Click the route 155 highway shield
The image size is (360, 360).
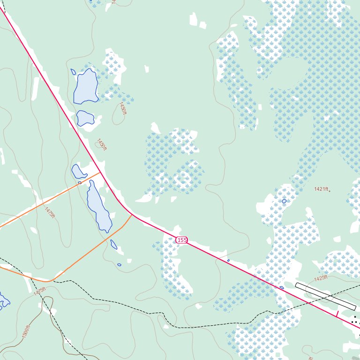(x=182, y=240)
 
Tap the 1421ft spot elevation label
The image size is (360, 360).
(x=321, y=189)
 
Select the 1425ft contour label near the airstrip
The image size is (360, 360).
(x=321, y=278)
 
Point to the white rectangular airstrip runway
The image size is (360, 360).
(x=325, y=296)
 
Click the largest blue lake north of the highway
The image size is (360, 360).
(x=86, y=86)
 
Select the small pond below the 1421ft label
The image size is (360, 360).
(x=284, y=201)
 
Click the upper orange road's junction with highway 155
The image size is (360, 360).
(x=101, y=172)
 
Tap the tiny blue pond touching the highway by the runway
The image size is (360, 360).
(x=282, y=288)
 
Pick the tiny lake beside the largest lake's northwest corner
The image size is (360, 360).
(x=73, y=72)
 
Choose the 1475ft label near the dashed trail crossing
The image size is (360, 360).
(x=40, y=291)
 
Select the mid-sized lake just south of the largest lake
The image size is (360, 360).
(x=85, y=118)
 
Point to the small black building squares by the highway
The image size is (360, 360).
(x=356, y=321)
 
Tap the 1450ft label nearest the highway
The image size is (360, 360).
(x=102, y=144)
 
